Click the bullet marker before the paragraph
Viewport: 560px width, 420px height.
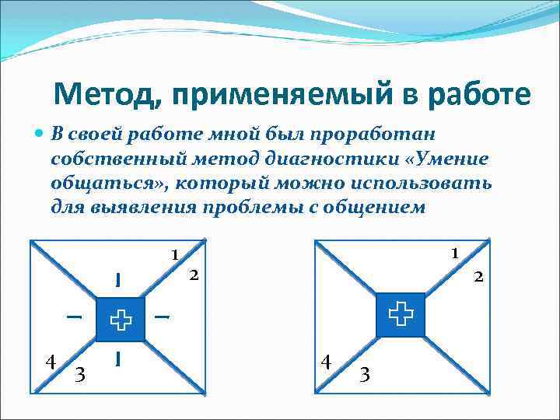click(41, 135)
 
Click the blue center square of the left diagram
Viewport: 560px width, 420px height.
click(121, 319)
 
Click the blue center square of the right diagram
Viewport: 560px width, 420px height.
click(401, 314)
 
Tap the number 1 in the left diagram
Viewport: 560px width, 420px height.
click(175, 254)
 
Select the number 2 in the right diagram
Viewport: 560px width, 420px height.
click(479, 276)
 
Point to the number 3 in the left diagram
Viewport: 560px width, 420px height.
click(81, 375)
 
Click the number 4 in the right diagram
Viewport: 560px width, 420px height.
click(327, 362)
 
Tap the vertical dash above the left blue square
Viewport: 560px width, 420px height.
click(117, 279)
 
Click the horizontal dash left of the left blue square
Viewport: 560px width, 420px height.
click(74, 317)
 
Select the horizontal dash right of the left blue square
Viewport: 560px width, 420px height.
click(163, 317)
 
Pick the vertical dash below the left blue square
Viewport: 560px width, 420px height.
click(117, 358)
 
